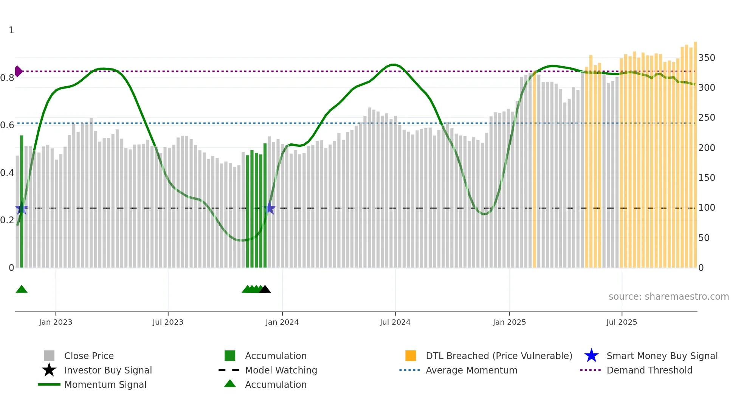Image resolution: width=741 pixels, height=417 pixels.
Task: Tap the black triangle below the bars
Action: tap(265, 289)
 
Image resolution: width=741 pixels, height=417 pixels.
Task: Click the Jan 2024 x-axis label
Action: tap(282, 322)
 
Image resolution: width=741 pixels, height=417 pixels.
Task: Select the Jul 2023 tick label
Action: tap(168, 322)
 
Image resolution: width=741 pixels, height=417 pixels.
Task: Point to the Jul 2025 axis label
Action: tap(622, 322)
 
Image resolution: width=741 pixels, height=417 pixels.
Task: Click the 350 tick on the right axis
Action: tap(707, 58)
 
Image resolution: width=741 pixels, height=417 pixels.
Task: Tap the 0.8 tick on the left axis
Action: tap(8, 78)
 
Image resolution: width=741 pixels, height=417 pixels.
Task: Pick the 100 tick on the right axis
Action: tap(707, 208)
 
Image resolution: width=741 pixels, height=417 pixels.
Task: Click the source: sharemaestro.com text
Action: tap(668, 297)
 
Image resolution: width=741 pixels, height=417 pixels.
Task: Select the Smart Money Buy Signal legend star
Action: tap(591, 356)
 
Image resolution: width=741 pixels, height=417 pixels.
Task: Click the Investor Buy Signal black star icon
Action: tap(49, 370)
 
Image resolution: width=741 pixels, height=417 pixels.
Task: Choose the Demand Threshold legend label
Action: tap(649, 370)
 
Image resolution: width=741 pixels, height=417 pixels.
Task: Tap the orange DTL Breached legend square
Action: tap(411, 356)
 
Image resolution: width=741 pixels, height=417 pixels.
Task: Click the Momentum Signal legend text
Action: tap(105, 384)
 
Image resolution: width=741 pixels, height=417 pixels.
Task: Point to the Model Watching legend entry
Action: tap(281, 370)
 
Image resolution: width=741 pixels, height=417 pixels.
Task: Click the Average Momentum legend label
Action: tap(471, 370)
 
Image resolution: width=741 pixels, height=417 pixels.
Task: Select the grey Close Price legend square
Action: tap(49, 356)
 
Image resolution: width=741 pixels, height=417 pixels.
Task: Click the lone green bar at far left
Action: tap(22, 201)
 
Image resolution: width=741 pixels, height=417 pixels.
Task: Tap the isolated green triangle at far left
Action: tap(22, 289)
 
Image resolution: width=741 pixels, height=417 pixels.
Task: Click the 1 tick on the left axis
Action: tap(11, 30)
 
